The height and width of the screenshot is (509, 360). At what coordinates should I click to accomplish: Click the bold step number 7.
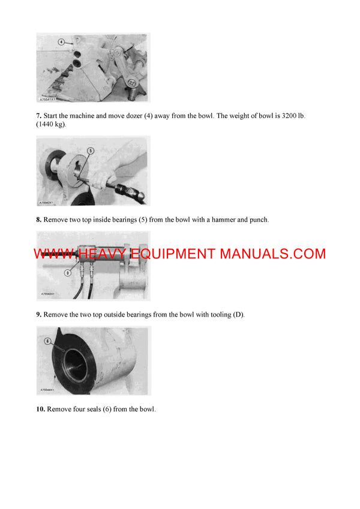[38, 115]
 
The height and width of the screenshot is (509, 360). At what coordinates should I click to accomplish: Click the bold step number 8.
[38, 220]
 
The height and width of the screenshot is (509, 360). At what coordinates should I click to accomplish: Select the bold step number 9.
[38, 315]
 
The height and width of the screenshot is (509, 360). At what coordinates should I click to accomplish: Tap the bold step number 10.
[41, 409]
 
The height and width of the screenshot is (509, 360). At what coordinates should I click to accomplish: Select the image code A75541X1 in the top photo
[48, 100]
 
